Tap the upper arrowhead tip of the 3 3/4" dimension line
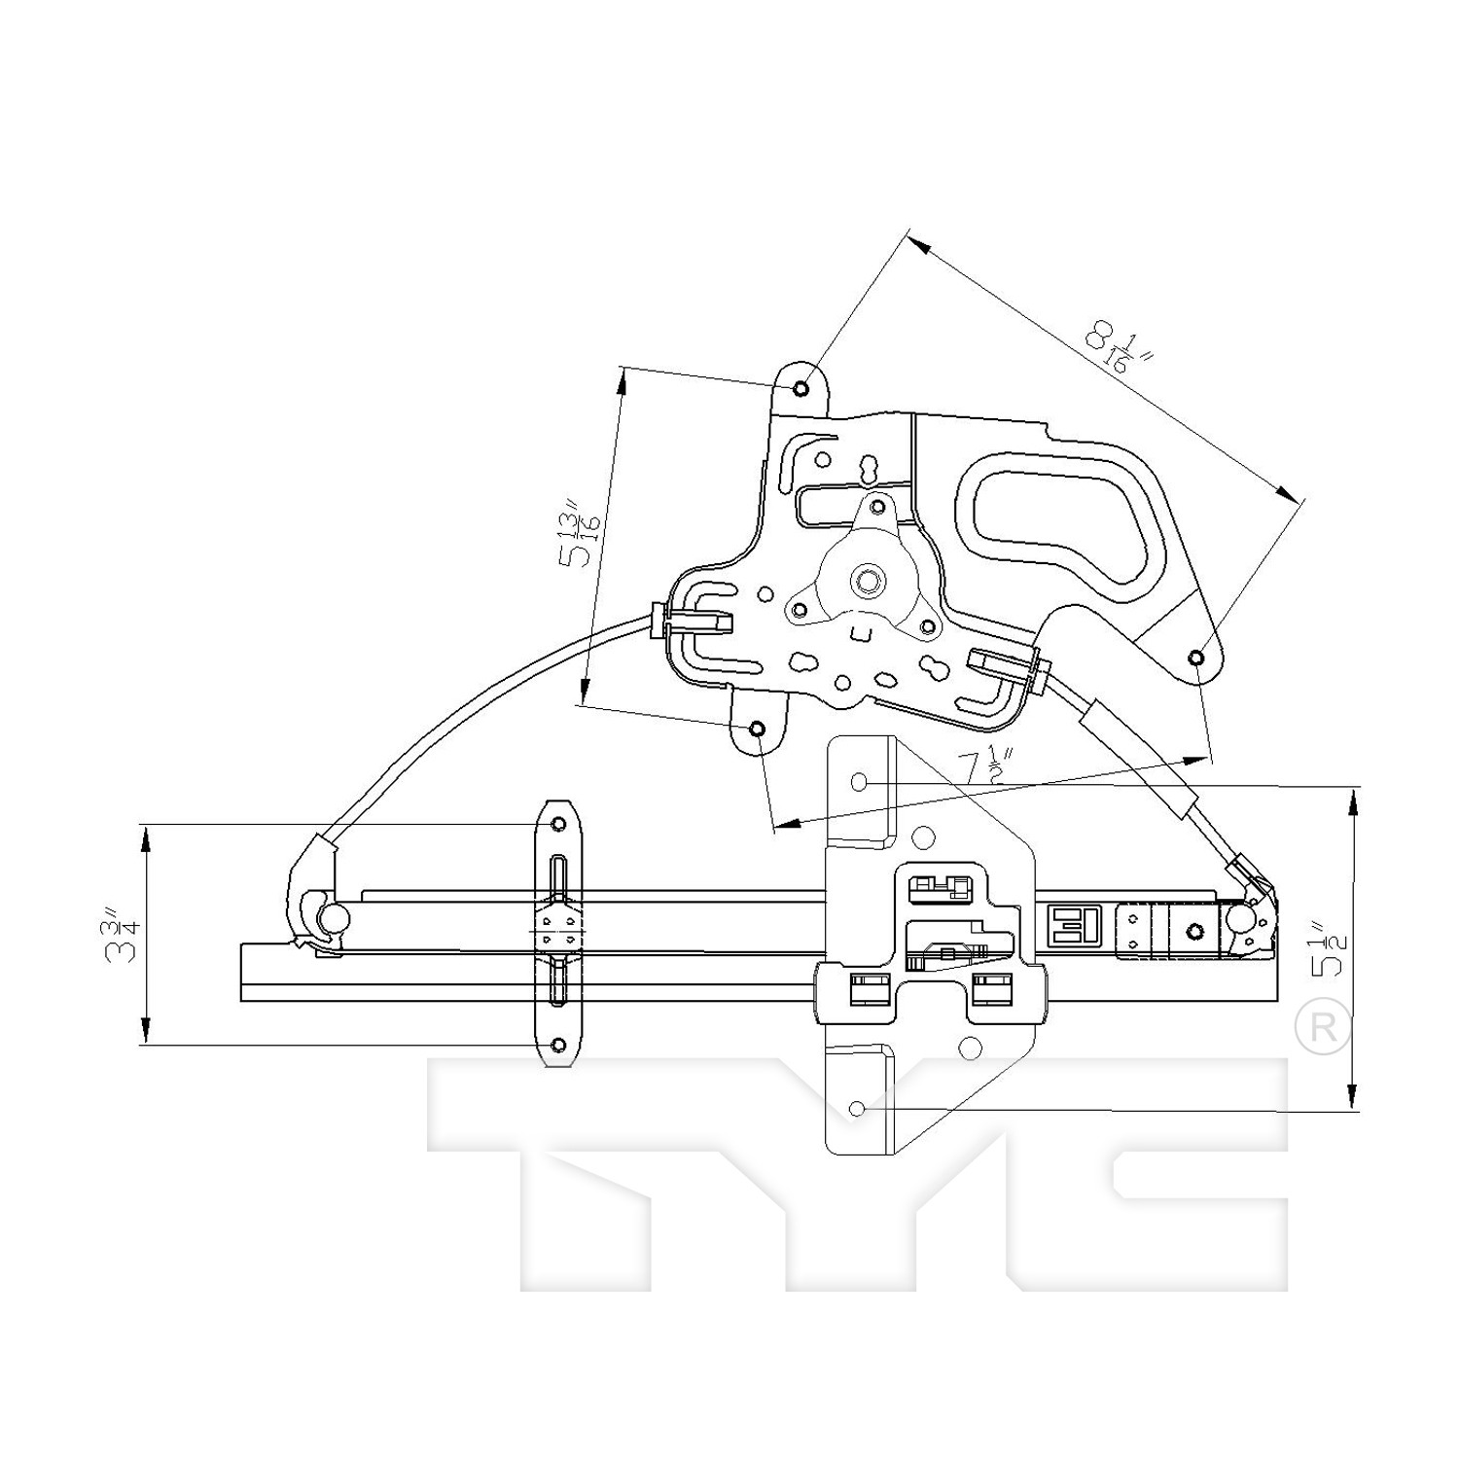click(x=146, y=826)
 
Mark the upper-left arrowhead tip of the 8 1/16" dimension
click(x=909, y=231)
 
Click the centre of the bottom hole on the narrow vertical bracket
click(x=558, y=1046)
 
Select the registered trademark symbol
click(x=1324, y=1026)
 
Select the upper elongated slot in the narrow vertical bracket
click(x=557, y=880)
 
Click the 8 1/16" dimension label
click(x=1120, y=349)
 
